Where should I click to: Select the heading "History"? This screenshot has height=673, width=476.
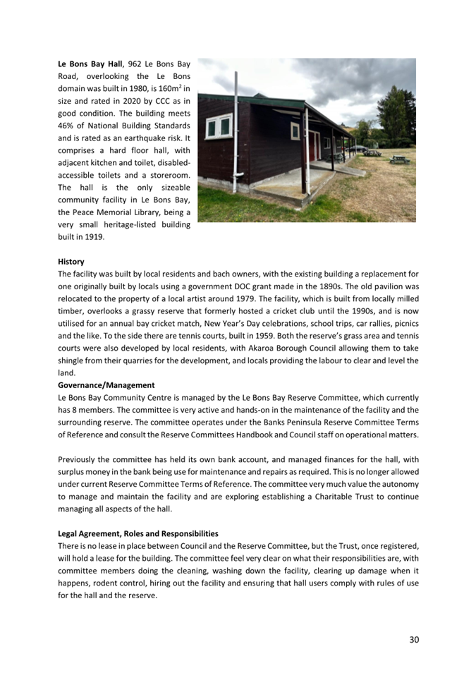coord(71,261)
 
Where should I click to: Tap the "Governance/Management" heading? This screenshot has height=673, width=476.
coord(106,385)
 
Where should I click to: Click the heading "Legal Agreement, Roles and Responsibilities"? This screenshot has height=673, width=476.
coord(138,533)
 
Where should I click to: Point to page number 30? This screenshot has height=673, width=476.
coord(414,639)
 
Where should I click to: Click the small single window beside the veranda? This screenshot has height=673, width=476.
coord(295,132)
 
